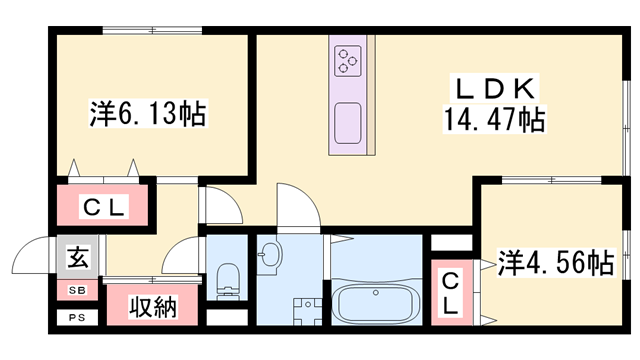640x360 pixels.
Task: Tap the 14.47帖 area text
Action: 494,122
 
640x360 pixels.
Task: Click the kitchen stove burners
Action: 348,61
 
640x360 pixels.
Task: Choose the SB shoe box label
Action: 77,291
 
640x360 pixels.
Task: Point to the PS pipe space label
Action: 77,319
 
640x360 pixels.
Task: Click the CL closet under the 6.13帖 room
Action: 103,207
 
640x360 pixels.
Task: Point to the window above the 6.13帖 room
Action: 151,29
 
